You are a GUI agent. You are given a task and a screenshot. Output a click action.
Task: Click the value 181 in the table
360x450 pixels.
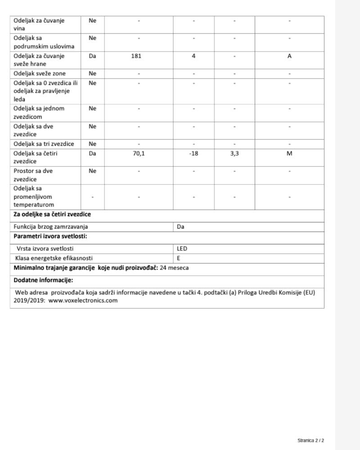[139, 56]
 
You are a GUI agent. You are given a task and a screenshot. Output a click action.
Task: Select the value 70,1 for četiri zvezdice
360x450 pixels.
[139, 153]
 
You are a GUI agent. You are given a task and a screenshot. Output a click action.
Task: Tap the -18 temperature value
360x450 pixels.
[193, 153]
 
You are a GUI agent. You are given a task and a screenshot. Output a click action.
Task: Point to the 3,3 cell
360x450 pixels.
[234, 153]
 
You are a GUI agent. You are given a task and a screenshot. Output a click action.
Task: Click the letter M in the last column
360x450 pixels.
[289, 153]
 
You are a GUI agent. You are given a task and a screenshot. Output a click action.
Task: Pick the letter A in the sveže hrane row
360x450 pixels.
[289, 56]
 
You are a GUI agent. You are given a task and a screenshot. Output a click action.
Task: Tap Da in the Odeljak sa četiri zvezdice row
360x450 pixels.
[93, 153]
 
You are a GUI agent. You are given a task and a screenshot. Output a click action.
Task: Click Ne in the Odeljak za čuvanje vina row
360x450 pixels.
[93, 20]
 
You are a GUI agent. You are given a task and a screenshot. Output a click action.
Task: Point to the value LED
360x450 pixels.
[182, 248]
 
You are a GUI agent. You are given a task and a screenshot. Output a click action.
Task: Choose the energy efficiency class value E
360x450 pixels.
[178, 258]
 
